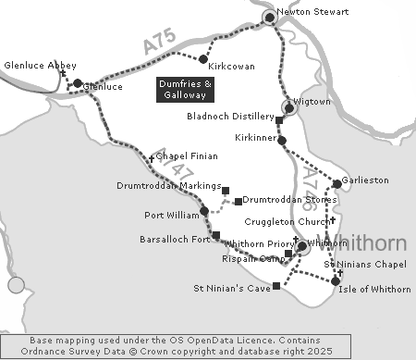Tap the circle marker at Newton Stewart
270,18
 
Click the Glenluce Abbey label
35,67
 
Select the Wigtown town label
312,101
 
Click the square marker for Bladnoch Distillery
279,120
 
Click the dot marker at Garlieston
336,185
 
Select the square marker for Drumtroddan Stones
238,201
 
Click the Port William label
172,217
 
